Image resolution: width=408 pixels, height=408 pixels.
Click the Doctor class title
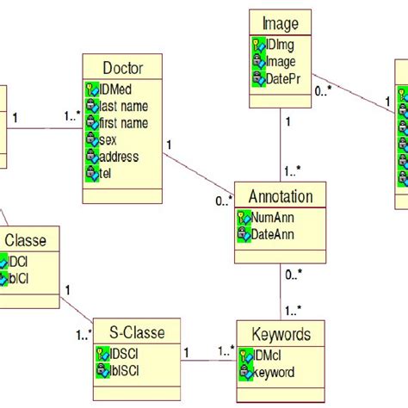coord(122,68)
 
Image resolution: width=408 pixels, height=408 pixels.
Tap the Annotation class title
coord(281,196)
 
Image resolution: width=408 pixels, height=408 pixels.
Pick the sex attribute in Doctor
coord(111,139)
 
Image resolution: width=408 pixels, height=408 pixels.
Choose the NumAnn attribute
coord(274,218)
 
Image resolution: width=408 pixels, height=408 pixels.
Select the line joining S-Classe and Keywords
coord(210,360)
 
